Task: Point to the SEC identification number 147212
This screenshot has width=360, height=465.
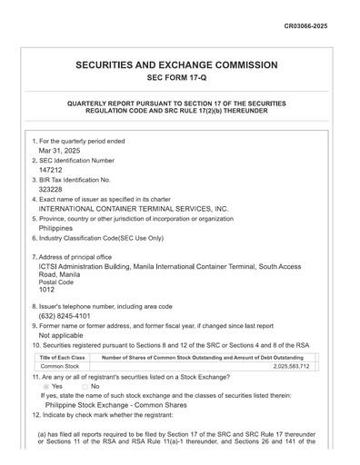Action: tap(51, 170)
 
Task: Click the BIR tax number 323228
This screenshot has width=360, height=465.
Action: tap(51, 189)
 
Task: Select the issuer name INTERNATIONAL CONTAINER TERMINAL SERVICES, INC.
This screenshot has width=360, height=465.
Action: tap(133, 208)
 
